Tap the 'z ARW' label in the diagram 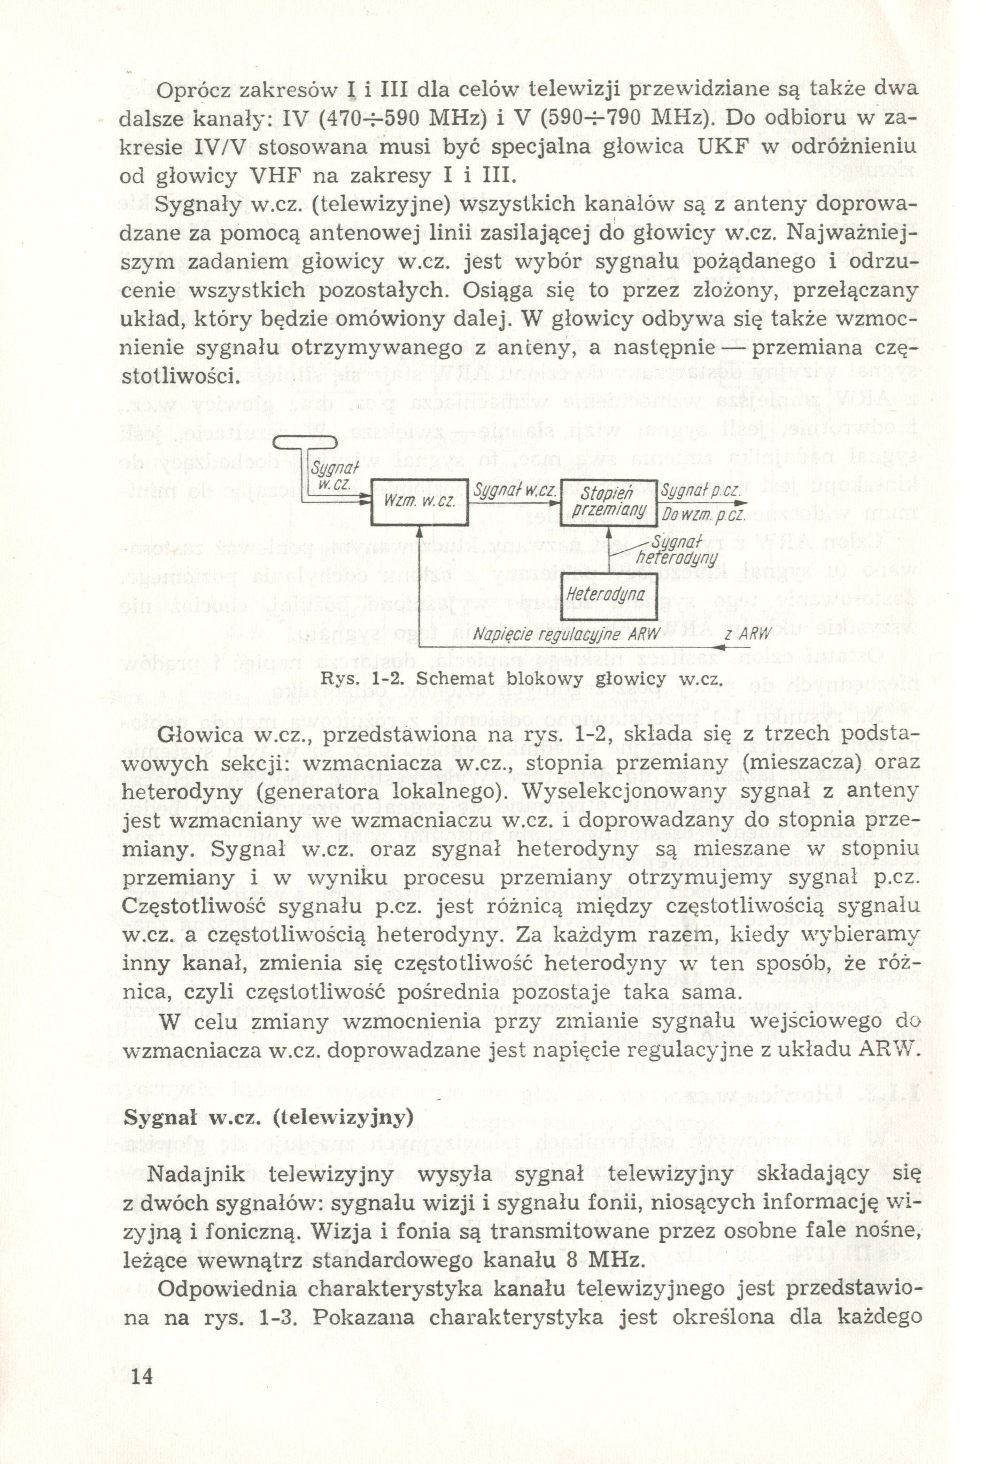[x=747, y=634]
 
